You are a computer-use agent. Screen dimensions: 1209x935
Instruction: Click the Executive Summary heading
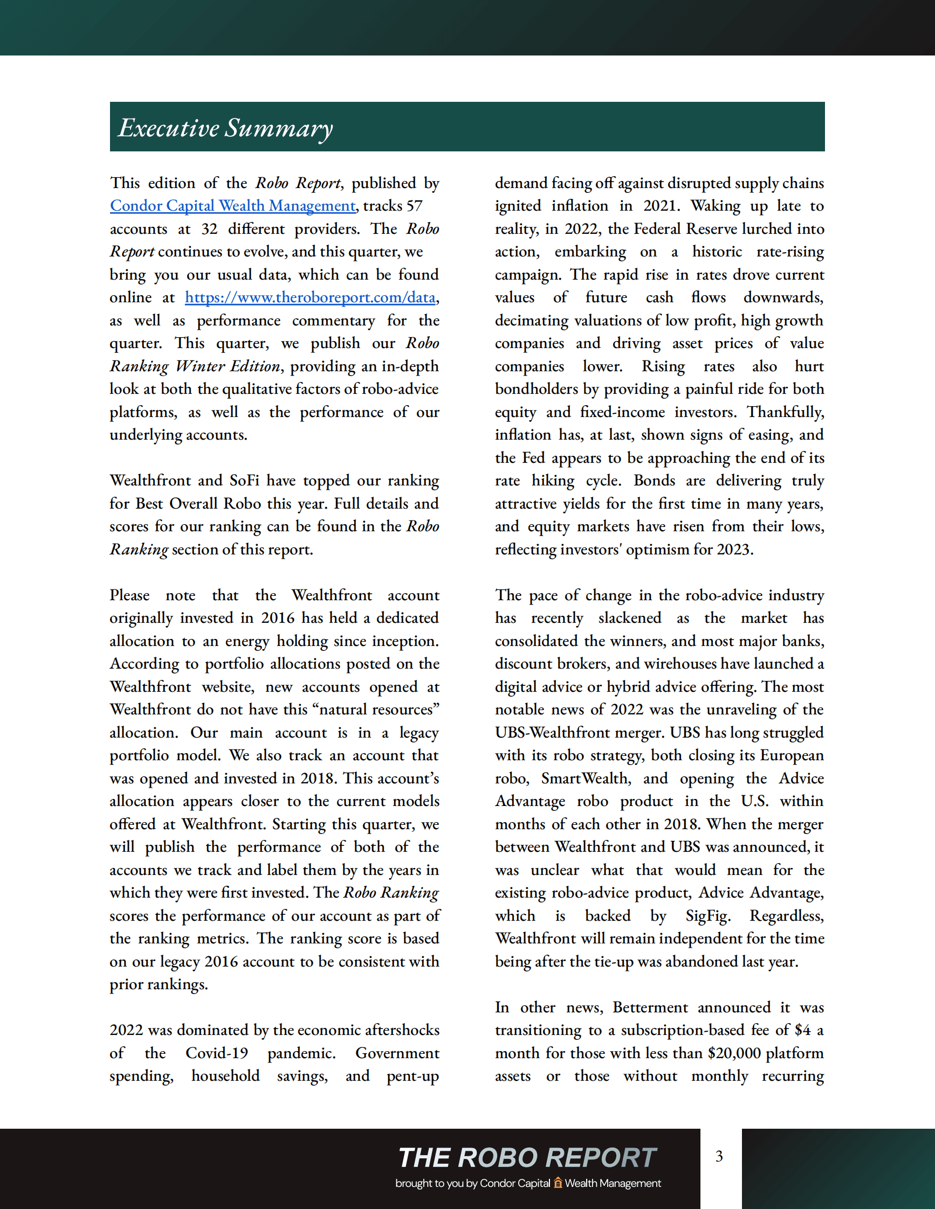click(225, 128)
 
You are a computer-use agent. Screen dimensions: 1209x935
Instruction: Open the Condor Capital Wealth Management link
click(232, 206)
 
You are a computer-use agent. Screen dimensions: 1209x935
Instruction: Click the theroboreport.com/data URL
click(310, 298)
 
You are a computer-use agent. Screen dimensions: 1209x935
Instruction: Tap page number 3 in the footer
click(719, 1156)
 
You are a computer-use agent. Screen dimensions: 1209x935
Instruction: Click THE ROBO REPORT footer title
click(527, 1157)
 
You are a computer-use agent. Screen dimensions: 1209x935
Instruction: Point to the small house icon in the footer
click(558, 1183)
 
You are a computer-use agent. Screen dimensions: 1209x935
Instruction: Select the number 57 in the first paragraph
click(414, 206)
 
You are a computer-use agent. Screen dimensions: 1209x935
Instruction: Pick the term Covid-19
click(217, 1053)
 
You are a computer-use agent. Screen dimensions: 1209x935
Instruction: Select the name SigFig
click(707, 915)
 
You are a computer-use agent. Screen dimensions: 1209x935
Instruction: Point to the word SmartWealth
click(586, 779)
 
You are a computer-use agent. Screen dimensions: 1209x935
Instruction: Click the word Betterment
click(650, 1007)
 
